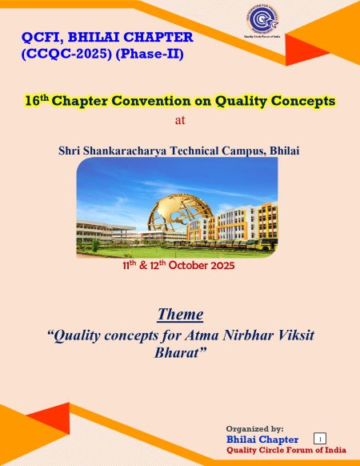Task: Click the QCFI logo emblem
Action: click(262, 19)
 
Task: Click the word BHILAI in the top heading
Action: click(94, 37)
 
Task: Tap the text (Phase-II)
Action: click(150, 54)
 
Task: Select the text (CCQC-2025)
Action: click(67, 54)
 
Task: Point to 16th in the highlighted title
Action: click(37, 100)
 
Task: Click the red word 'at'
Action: click(180, 120)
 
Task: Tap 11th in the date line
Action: click(130, 264)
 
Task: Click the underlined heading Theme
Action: click(180, 314)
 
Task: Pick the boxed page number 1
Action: click(320, 439)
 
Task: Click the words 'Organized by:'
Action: click(255, 429)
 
